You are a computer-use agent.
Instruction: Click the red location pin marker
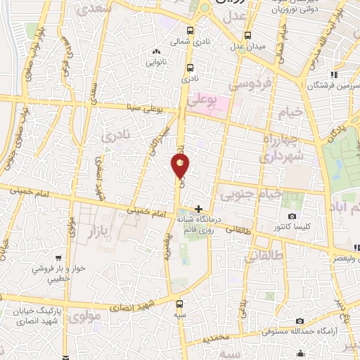[181, 166]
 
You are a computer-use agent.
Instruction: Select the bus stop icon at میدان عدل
[247, 36]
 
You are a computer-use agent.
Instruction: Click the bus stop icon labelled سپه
[179, 304]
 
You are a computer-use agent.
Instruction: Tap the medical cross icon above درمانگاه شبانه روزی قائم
[199, 209]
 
